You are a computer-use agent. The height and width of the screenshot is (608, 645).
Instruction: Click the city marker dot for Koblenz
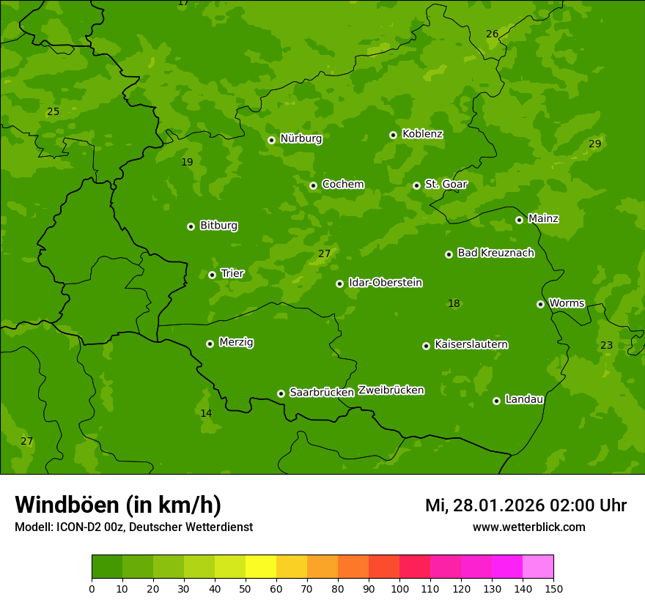click(x=394, y=135)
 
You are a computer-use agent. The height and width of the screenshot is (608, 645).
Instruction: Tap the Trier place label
click(x=232, y=273)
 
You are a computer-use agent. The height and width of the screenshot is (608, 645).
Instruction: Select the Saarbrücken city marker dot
click(x=281, y=393)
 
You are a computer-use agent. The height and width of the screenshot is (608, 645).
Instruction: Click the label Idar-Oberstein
click(x=386, y=282)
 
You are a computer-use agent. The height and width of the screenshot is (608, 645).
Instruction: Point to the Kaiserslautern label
click(x=471, y=344)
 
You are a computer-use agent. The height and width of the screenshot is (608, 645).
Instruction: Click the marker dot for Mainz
click(x=519, y=220)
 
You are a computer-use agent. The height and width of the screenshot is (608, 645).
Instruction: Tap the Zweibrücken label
click(x=391, y=390)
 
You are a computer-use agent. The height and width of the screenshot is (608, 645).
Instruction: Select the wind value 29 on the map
click(x=594, y=144)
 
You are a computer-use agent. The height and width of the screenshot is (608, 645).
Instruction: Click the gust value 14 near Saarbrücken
click(x=206, y=413)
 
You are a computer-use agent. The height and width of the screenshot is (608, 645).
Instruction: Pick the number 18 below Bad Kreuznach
click(x=454, y=303)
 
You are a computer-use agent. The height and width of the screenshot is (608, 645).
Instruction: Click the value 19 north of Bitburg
click(x=187, y=162)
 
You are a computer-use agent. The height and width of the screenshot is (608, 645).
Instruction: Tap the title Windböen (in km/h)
click(x=118, y=505)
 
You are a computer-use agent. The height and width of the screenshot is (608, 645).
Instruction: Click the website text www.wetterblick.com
click(x=528, y=527)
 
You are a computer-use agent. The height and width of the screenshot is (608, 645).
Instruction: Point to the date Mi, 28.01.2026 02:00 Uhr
click(x=526, y=505)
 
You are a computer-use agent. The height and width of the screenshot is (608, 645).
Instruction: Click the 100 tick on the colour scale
click(x=399, y=588)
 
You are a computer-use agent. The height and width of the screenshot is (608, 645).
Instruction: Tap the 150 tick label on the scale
click(x=553, y=588)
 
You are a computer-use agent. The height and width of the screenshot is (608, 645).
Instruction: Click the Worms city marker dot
click(x=540, y=304)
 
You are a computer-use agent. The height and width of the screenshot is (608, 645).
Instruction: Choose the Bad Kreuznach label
click(x=495, y=253)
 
